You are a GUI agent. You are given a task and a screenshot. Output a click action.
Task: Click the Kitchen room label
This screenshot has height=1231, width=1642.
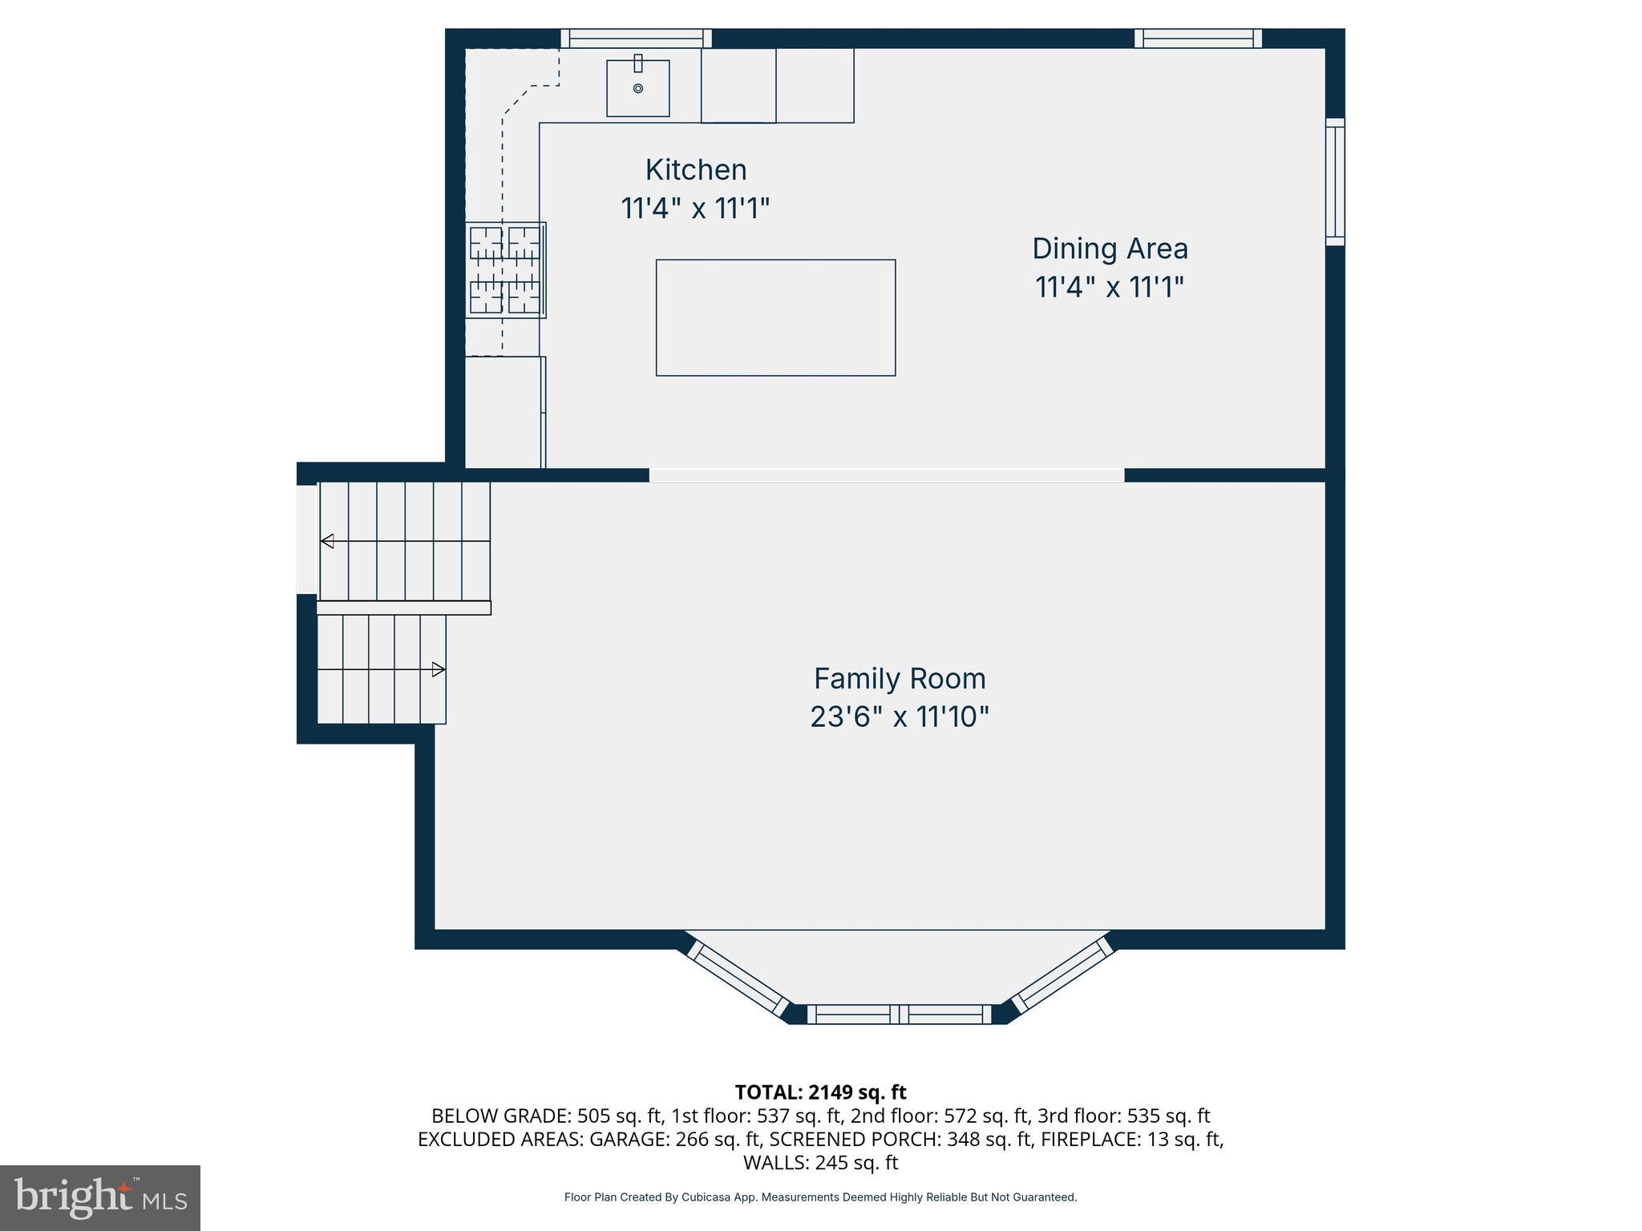pos(695,170)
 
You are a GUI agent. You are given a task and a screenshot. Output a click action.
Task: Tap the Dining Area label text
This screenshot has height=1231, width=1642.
pos(1109,248)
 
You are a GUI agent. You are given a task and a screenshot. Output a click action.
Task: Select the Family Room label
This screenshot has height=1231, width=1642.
pos(899,679)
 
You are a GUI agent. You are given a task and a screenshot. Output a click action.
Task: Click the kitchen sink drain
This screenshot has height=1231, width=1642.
pos(638,88)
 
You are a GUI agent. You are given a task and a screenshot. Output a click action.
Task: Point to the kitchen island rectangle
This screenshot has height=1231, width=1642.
pos(775,317)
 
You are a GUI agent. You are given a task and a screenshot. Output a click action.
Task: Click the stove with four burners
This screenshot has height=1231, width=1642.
pos(506,270)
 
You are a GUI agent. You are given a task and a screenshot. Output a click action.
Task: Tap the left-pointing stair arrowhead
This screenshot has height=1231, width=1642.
pos(327,541)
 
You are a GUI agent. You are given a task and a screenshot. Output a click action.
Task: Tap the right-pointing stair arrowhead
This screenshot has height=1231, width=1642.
pos(438,669)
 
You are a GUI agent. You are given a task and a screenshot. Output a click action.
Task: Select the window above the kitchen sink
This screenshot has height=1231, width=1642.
pos(636,38)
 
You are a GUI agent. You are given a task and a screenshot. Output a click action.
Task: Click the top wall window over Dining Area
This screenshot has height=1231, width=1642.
pos(1198,38)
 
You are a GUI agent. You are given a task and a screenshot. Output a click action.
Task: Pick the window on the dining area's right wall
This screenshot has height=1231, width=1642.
pos(1334,182)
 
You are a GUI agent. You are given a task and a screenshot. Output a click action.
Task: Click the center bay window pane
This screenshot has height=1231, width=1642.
pos(899,1015)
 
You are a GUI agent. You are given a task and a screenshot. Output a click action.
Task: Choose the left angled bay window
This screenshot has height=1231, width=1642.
pos(738,979)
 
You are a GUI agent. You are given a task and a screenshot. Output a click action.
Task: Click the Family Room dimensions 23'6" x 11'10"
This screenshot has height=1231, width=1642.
pos(899,716)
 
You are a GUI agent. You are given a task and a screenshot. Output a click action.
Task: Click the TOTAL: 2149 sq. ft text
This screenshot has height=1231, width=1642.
pos(820,1092)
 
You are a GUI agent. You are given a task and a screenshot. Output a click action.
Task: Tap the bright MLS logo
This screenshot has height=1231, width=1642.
pos(100,1198)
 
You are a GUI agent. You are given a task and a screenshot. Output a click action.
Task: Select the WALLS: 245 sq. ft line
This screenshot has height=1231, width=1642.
pos(820,1163)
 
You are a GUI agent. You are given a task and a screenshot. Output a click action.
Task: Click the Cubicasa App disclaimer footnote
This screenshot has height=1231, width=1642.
pos(820,1197)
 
